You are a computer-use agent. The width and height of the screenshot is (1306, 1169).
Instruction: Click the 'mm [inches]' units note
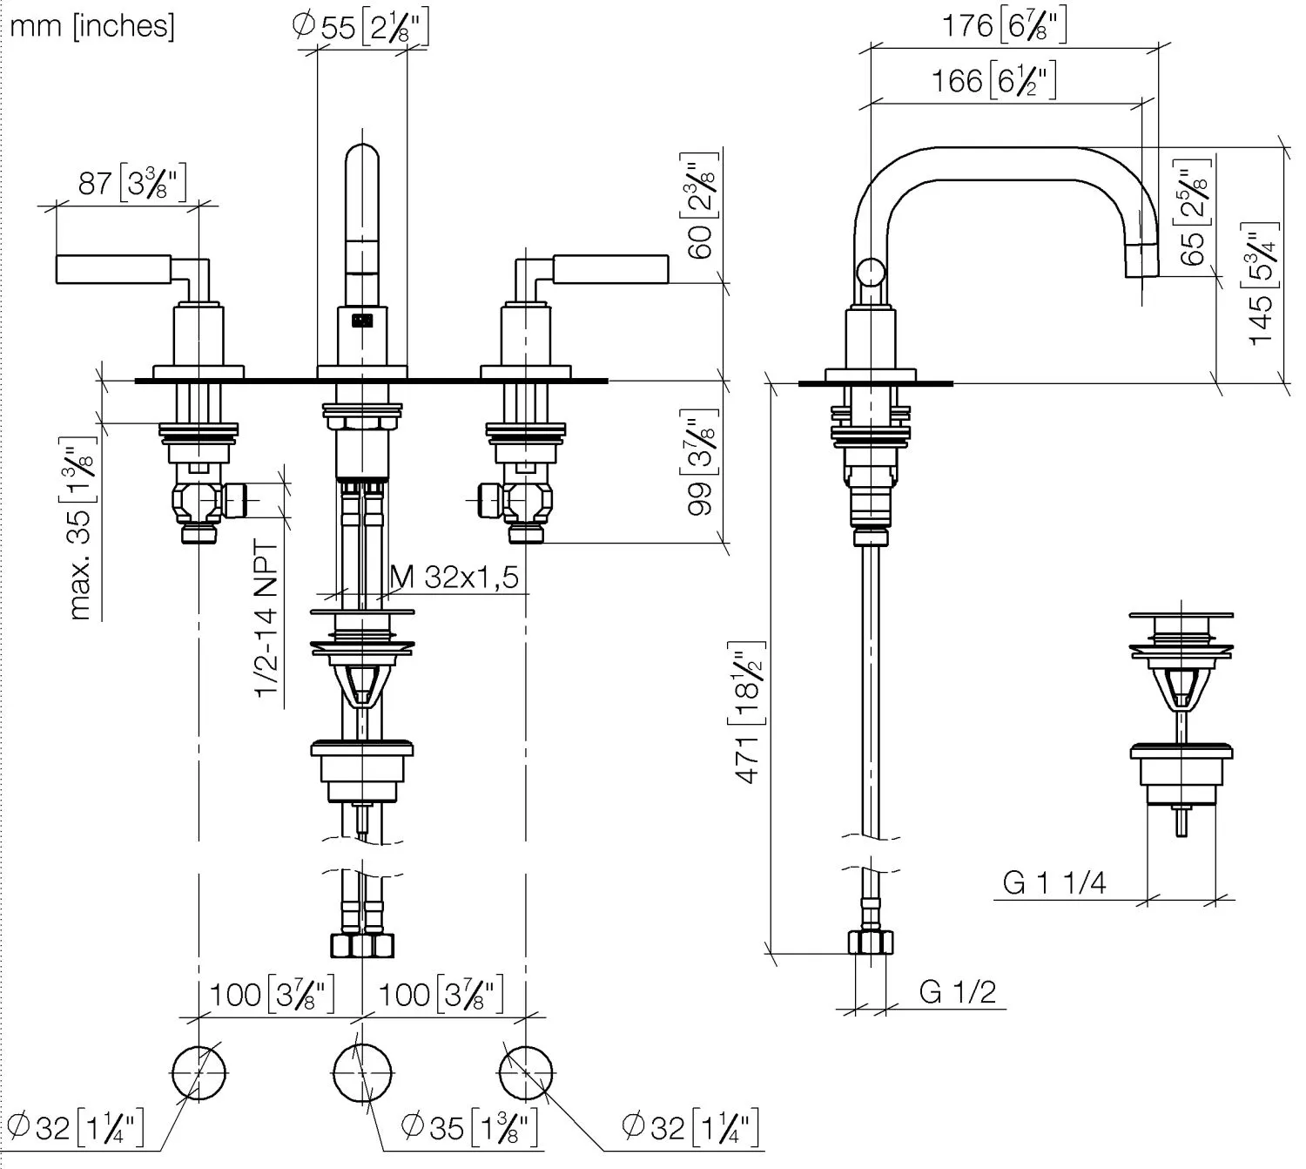[x=91, y=26]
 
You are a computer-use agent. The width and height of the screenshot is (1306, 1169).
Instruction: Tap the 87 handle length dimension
[x=131, y=183]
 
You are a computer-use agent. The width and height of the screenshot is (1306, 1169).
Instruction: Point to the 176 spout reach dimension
[x=1004, y=26]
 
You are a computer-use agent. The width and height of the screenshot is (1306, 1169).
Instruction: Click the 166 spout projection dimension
[x=993, y=82]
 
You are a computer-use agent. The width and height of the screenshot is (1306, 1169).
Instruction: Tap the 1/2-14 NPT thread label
[x=266, y=618]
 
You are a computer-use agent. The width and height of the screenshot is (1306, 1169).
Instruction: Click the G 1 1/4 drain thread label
[x=1054, y=882]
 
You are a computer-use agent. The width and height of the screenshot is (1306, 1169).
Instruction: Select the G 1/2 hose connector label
[x=957, y=991]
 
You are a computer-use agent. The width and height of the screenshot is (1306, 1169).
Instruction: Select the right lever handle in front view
[x=609, y=269]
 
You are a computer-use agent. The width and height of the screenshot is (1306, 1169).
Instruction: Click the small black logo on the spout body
[x=361, y=321]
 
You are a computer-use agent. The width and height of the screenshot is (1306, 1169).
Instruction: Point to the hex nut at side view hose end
[x=871, y=943]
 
